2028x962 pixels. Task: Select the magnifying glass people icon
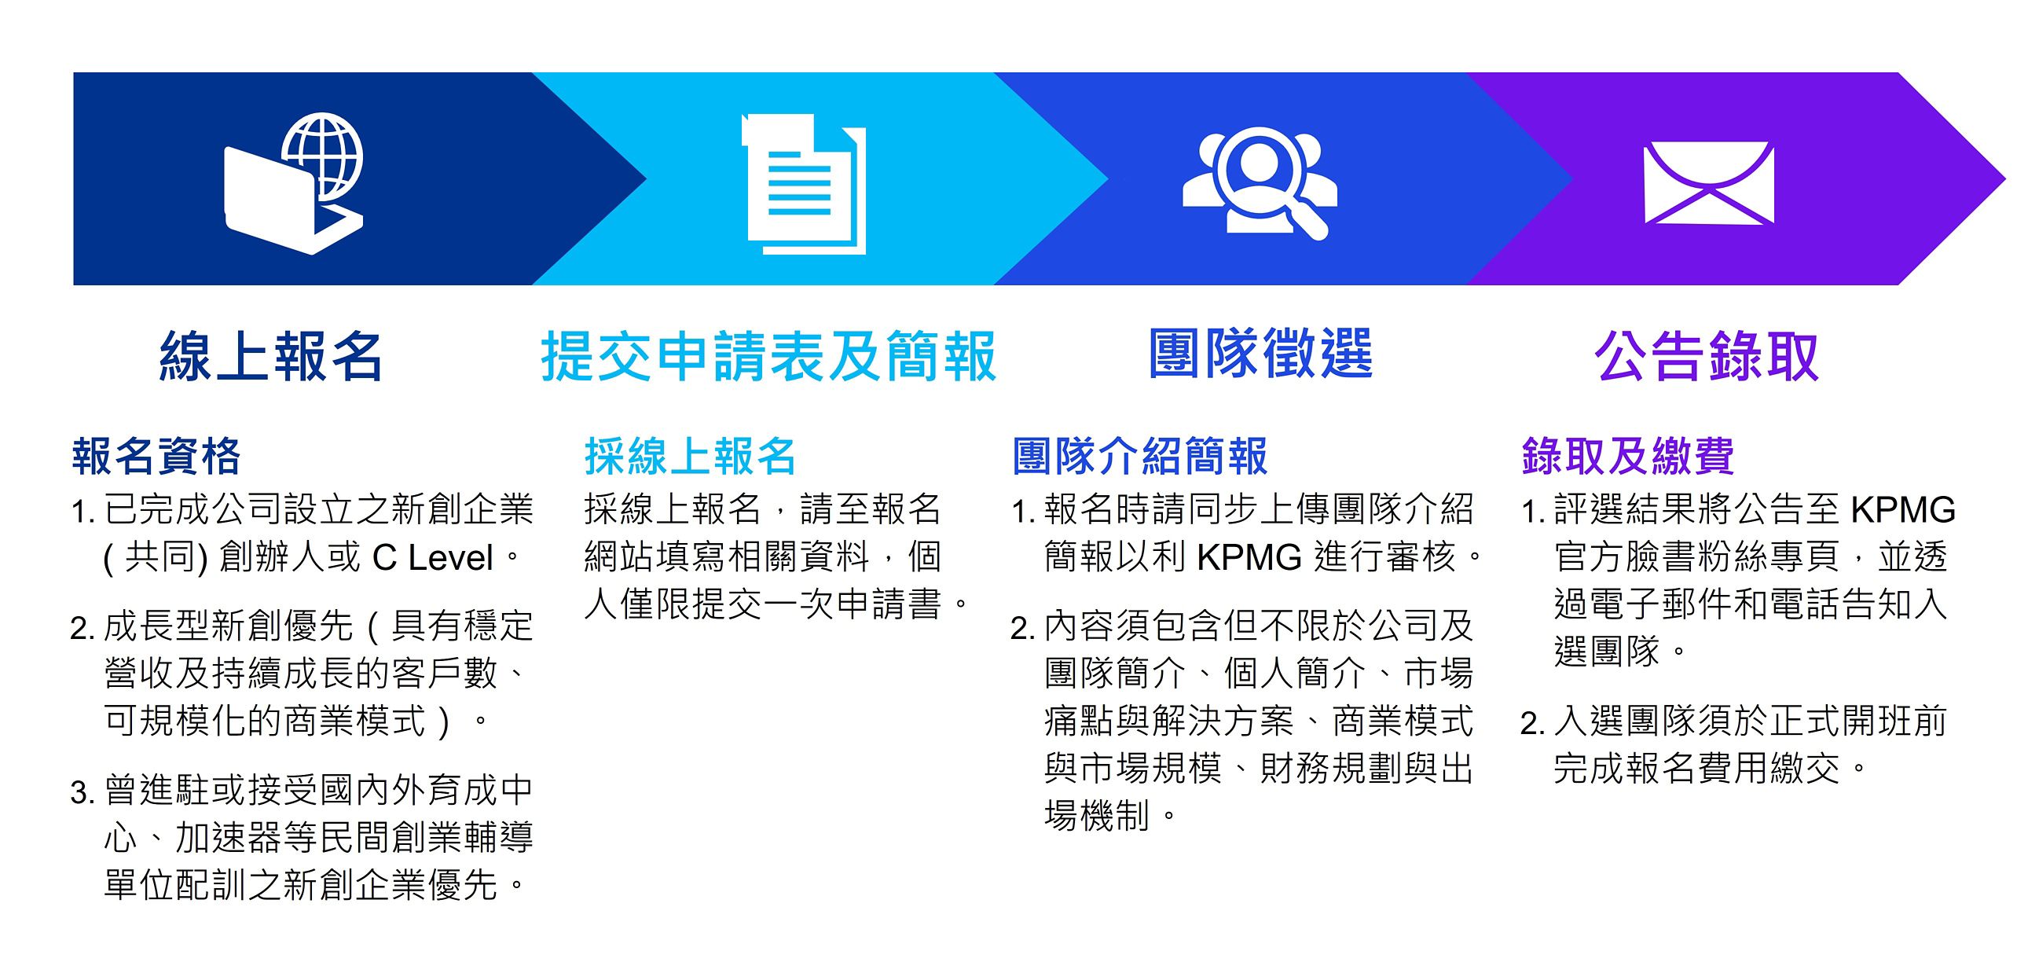(x=1259, y=182)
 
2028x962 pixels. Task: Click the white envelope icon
(x=1708, y=182)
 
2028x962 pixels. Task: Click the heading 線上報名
(x=272, y=357)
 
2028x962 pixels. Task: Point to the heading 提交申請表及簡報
(x=769, y=357)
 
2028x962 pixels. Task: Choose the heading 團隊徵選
(x=1260, y=354)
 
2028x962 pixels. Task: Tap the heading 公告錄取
(x=1707, y=357)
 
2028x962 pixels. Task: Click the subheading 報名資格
(x=156, y=456)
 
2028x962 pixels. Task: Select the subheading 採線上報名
(x=691, y=456)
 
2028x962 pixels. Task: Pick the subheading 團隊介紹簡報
(x=1140, y=456)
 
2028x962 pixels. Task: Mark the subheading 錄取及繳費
(x=1628, y=456)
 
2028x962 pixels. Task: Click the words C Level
(x=433, y=557)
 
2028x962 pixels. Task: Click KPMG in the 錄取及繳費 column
(x=1903, y=510)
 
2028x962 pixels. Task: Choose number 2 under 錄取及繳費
(x=1532, y=724)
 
